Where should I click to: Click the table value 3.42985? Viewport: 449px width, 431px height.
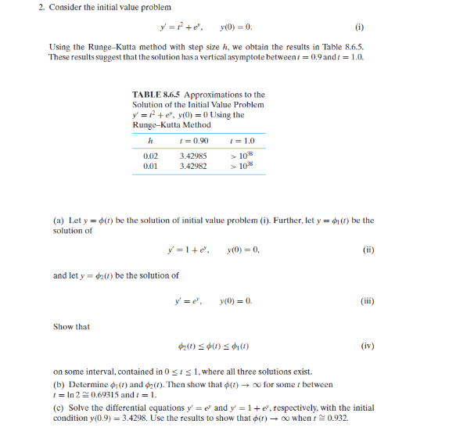tap(193, 156)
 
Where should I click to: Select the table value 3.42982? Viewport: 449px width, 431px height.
tap(193, 167)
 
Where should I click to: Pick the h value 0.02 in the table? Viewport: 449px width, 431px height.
tap(151, 156)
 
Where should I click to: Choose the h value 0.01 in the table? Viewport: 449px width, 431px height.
tap(151, 167)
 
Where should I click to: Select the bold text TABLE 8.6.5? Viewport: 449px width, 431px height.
tap(156, 95)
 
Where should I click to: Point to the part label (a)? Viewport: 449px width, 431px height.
tap(59, 221)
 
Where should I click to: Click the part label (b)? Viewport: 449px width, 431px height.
tap(59, 385)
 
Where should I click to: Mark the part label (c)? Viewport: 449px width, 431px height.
tap(59, 408)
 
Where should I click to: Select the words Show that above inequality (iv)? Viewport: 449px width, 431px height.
tap(71, 326)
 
